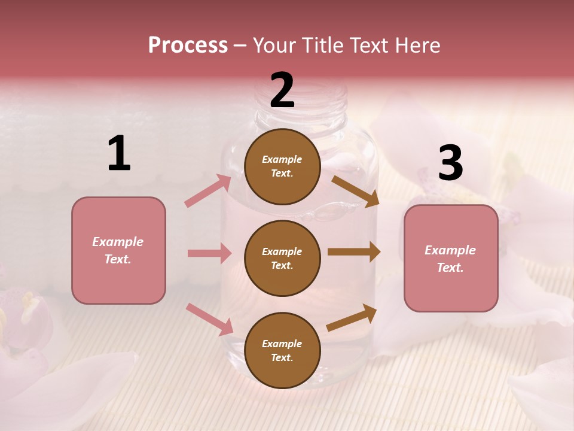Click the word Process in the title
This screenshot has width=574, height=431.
pyautogui.click(x=188, y=45)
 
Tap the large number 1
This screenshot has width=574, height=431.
pyautogui.click(x=119, y=154)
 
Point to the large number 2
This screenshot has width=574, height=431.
pyautogui.click(x=282, y=90)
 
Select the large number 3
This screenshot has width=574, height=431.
pyautogui.click(x=450, y=163)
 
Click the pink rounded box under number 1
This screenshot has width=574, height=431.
pyautogui.click(x=118, y=250)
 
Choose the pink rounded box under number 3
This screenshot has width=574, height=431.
pyautogui.click(x=451, y=259)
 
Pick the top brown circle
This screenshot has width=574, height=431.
pyautogui.click(x=282, y=166)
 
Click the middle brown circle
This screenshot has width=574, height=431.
pyautogui.click(x=282, y=258)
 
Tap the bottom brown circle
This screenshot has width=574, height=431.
pyautogui.click(x=282, y=350)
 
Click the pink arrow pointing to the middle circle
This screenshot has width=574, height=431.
pyautogui.click(x=209, y=253)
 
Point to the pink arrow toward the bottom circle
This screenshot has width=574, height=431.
pyautogui.click(x=209, y=319)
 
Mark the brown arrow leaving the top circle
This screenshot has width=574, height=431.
pyautogui.click(x=355, y=192)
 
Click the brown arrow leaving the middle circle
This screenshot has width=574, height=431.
pyautogui.click(x=353, y=252)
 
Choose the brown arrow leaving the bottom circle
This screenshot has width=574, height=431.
pyautogui.click(x=352, y=317)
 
